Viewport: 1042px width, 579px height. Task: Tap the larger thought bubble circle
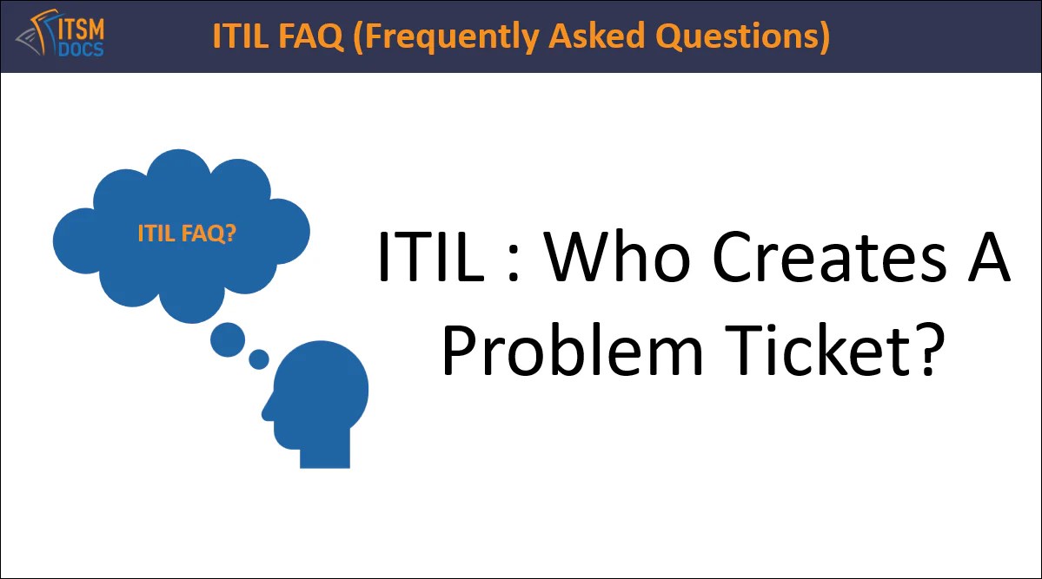click(228, 339)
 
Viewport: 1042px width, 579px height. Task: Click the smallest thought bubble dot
click(259, 359)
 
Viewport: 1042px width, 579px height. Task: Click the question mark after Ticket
click(926, 352)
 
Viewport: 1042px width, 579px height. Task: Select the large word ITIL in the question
click(431, 258)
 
